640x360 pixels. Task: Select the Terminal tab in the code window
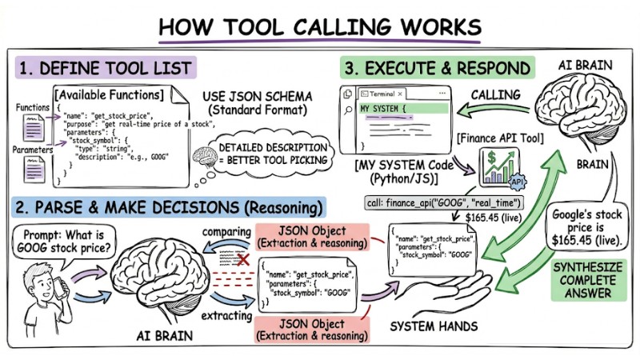[380, 94]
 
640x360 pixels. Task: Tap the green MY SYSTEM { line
[400, 108]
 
